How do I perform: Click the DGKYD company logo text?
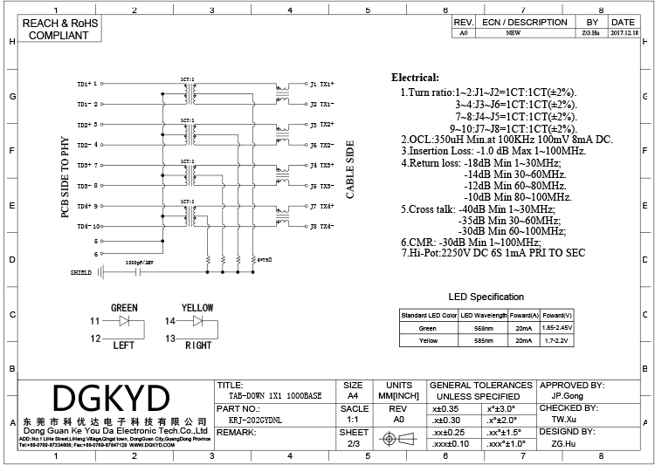110,399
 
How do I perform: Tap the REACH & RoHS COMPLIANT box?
59,29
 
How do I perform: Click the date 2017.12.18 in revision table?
623,32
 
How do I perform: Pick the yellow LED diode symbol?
197,321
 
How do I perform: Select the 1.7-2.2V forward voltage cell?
556,340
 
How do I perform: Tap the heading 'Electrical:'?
420,78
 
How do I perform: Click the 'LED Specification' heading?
486,297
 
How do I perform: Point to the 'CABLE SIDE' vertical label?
351,170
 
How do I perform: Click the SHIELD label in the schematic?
81,273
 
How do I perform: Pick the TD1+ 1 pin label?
88,84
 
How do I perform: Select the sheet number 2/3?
354,444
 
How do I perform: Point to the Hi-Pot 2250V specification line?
493,253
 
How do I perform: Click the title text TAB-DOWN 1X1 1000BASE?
269,395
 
